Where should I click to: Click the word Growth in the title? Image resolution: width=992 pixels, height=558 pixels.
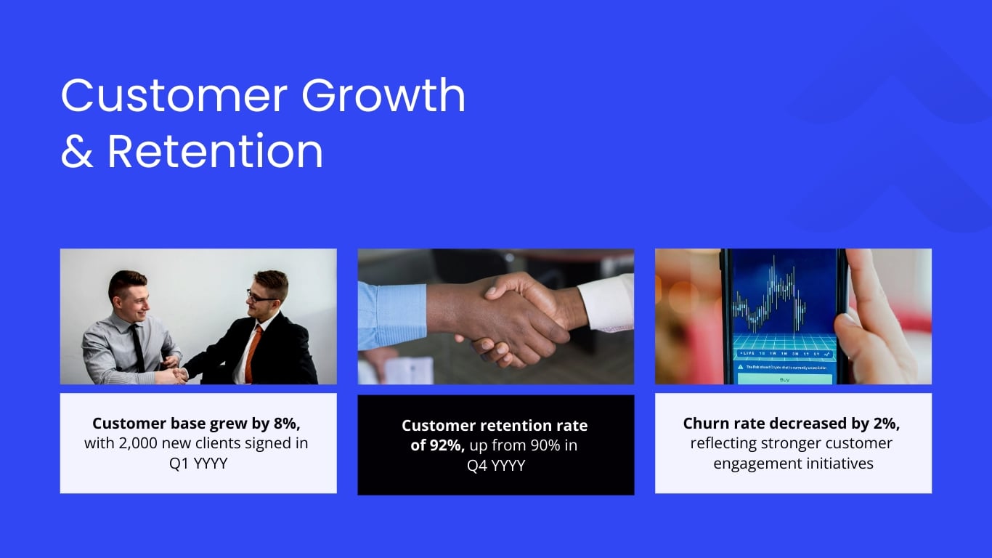point(383,96)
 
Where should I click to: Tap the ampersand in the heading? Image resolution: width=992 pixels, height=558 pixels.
point(77,152)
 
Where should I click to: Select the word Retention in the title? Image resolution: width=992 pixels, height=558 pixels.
point(215,152)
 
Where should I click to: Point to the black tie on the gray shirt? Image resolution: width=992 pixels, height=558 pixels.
point(137,347)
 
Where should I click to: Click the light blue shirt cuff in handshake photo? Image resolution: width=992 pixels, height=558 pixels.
point(392,314)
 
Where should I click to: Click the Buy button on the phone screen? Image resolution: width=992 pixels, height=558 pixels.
point(784,379)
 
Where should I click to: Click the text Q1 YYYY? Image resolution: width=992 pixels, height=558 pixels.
point(198,463)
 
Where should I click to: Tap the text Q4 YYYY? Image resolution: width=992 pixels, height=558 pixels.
point(496,465)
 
